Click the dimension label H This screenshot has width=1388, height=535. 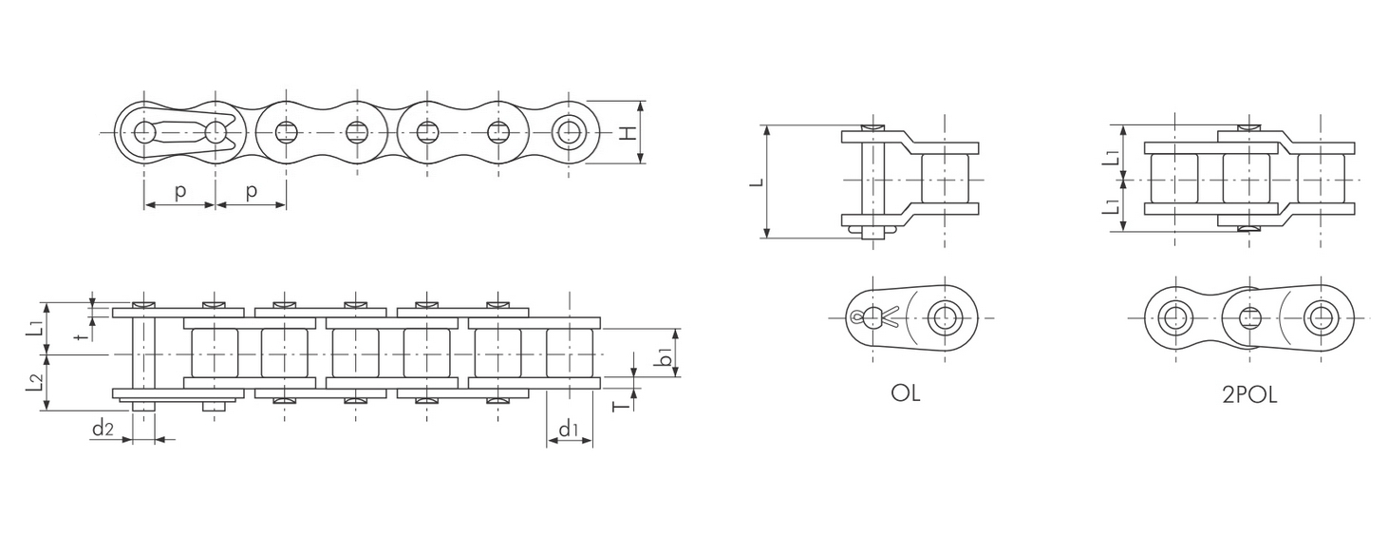click(628, 133)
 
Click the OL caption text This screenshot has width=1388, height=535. click(906, 393)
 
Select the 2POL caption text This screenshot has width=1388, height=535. click(1249, 395)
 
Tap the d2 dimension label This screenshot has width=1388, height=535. click(103, 428)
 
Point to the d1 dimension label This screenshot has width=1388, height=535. click(569, 429)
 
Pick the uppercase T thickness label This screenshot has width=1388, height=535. click(622, 406)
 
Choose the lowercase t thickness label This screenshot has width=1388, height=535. click(78, 336)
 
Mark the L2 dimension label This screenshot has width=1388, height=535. click(34, 383)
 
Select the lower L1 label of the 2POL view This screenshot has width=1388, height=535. click(1112, 205)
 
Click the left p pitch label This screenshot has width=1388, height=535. click(179, 192)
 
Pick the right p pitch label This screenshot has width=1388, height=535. click(251, 192)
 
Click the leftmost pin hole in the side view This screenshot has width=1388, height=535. click(144, 133)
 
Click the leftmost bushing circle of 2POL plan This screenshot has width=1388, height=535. click(1171, 318)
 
